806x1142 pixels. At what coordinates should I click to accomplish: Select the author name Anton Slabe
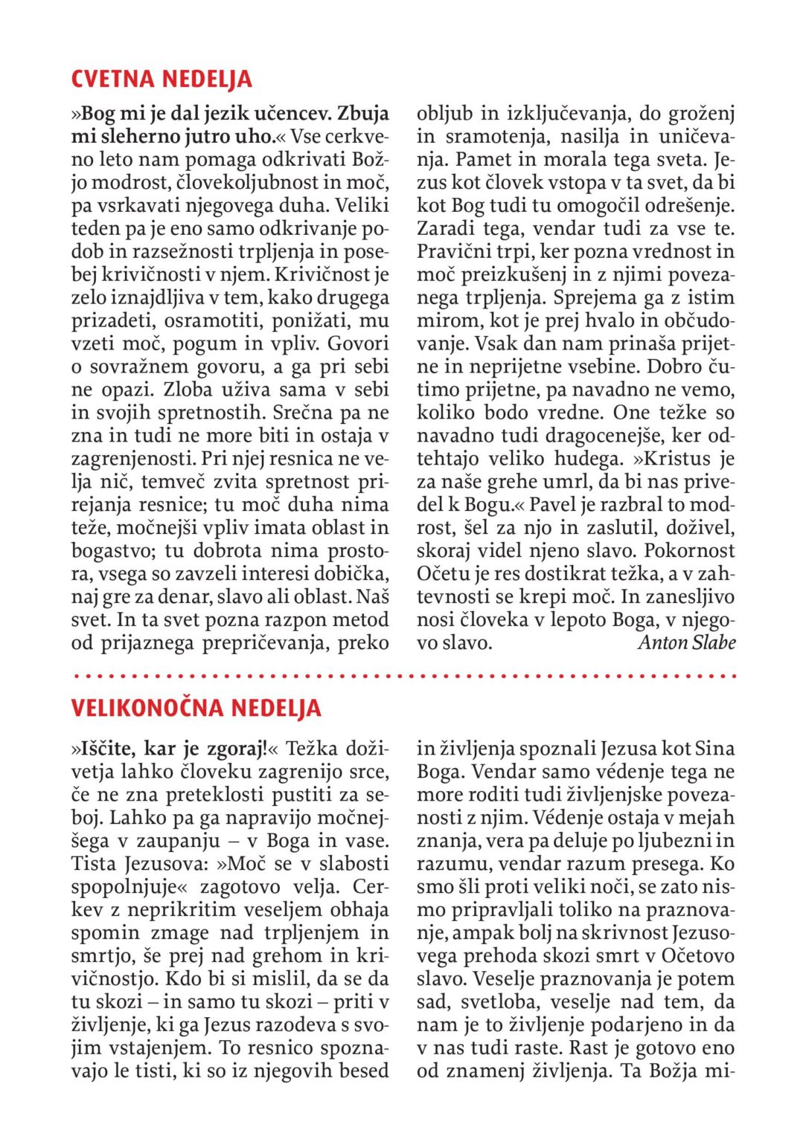(686, 642)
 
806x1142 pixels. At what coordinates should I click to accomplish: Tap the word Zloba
(188, 390)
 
